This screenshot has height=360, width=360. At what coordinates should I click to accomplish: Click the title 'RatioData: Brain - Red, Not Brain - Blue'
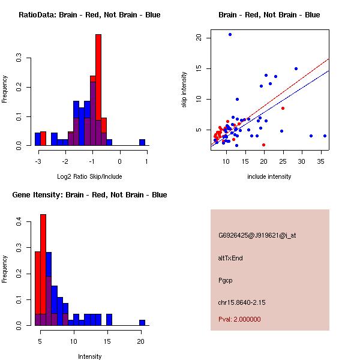coord(89,14)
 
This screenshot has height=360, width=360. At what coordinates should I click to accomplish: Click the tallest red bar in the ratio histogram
coord(98,90)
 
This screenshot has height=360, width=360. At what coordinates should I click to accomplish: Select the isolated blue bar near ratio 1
coord(142,142)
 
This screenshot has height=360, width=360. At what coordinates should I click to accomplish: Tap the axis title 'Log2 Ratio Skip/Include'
coord(89,176)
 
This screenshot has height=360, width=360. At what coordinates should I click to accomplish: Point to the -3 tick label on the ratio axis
coord(38,161)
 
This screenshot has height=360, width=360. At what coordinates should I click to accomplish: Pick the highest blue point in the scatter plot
coord(230,34)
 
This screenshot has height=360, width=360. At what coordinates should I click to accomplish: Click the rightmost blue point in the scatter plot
coord(325,136)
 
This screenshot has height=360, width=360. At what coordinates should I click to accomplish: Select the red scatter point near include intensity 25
coord(283,108)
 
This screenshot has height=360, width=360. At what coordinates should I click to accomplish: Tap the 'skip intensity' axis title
coord(184,89)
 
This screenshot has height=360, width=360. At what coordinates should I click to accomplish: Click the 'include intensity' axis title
coord(269,176)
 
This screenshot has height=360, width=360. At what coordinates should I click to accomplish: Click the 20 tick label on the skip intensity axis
coord(198,38)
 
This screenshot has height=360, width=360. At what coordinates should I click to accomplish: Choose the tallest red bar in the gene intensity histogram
coord(43,270)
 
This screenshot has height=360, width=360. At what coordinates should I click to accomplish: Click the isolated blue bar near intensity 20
coord(142,322)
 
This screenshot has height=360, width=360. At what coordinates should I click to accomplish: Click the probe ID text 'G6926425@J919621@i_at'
coord(257,235)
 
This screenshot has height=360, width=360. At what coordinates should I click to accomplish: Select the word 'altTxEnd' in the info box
coord(230,258)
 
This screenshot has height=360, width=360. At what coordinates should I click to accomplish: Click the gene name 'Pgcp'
coord(225,280)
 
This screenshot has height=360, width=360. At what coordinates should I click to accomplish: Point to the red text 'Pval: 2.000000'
coord(239,319)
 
